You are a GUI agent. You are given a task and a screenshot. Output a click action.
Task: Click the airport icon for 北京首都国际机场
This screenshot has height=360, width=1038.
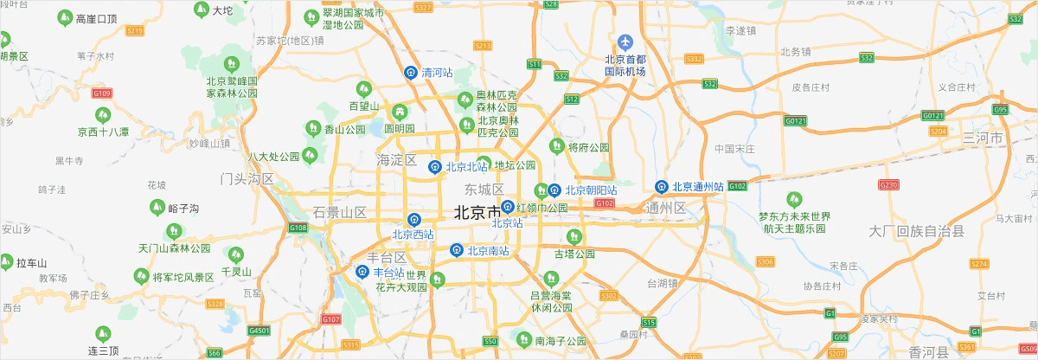tap(626, 42)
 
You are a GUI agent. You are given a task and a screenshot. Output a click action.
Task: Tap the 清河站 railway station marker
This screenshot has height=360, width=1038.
tap(412, 74)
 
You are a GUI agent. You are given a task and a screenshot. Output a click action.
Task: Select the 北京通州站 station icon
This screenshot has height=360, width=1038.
tap(662, 185)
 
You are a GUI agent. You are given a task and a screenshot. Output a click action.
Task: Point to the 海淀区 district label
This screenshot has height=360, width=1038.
tap(397, 160)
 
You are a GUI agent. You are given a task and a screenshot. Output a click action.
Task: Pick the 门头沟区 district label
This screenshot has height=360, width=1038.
tap(247, 179)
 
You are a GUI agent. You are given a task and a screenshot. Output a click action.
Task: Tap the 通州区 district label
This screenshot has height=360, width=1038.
tap(666, 208)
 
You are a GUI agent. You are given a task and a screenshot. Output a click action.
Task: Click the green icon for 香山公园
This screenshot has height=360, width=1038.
tap(312, 129)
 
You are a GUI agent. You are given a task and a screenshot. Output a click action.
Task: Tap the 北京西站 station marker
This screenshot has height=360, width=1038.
tap(414, 220)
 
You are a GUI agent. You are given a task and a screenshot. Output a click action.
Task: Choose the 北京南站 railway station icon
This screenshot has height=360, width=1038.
tap(456, 250)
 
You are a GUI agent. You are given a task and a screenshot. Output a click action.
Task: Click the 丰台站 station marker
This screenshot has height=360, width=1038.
tap(363, 272)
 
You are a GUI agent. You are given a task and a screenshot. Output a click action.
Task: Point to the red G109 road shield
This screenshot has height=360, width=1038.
tap(102, 93)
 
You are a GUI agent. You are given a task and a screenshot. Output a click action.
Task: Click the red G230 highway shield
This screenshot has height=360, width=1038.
tap(888, 184)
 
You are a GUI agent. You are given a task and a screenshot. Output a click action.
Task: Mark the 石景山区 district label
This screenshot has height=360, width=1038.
tap(340, 212)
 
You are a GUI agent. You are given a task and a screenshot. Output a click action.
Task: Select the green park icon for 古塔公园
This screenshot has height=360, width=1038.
tap(572, 236)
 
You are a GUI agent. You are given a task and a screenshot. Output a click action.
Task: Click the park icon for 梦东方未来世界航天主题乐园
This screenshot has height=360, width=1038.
tap(793, 200)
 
